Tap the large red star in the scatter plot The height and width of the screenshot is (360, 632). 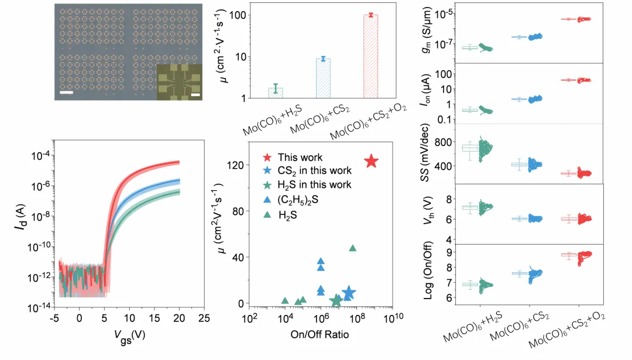tap(371, 162)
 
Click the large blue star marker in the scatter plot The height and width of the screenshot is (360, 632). tap(349, 293)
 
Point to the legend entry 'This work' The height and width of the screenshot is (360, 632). tap(300, 157)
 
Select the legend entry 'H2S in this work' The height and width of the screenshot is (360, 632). tap(315, 184)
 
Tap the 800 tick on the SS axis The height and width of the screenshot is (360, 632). tap(448, 143)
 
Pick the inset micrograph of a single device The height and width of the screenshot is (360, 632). tap(179, 81)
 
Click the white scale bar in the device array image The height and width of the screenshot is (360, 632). tap(66, 92)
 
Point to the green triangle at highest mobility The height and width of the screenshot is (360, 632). tap(353, 248)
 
